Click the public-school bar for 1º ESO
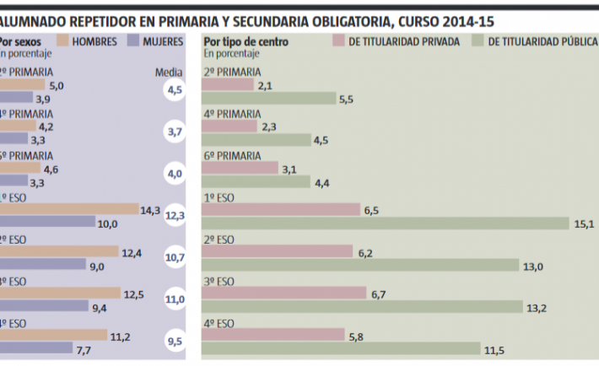pyautogui.click(x=387, y=223)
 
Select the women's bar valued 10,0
pyautogui.click(x=47, y=222)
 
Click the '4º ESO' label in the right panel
pyautogui.click(x=219, y=322)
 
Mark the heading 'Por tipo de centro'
pyautogui.click(x=246, y=40)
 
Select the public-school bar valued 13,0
pyautogui.click(x=361, y=265)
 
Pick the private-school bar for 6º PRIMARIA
pyautogui.click(x=241, y=168)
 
